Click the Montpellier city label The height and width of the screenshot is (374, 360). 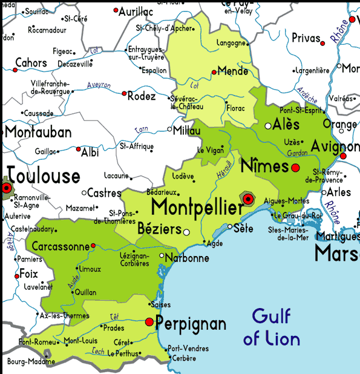click(197, 207)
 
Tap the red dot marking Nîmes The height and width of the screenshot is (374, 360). click(295, 168)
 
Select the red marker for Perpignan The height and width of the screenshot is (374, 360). click(149, 323)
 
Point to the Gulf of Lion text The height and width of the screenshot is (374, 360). click(272, 327)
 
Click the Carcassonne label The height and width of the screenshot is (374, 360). click(57, 247)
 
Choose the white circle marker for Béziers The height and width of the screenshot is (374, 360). click(186, 232)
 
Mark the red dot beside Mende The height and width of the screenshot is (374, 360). click(214, 72)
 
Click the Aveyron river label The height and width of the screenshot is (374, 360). click(99, 85)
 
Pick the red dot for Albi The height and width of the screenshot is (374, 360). click(78, 149)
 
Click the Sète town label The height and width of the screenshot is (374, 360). click(243, 228)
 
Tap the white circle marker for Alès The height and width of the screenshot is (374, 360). click(268, 126)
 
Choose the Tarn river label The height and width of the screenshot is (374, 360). click(141, 129)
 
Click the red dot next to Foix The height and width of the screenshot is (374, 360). click(17, 276)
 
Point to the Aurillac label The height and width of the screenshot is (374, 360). click(136, 11)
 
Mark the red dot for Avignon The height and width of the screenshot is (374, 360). click(343, 156)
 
